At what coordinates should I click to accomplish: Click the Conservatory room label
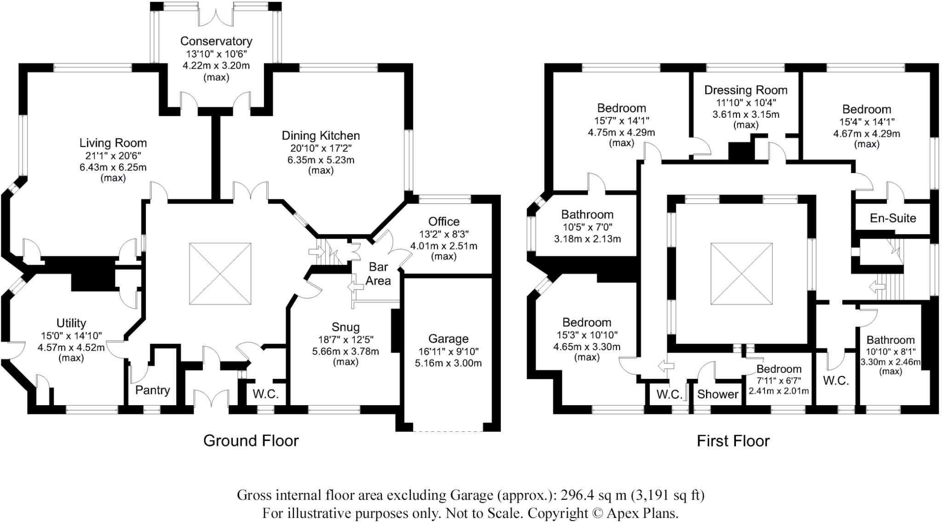pos(216,41)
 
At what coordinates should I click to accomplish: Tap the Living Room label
pos(113,143)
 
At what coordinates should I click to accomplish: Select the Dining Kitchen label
pos(321,135)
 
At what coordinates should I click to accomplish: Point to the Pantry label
pos(152,390)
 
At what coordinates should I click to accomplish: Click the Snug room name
pos(345,327)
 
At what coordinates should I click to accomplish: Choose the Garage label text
pos(448,339)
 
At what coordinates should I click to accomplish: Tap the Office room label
pos(443,221)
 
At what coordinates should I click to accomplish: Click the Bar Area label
pos(378,273)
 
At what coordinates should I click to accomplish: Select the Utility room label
pos(71,323)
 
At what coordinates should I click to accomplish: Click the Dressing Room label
pos(746,90)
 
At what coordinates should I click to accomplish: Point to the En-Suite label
pos(893,218)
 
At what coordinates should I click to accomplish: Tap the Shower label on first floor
pos(718,394)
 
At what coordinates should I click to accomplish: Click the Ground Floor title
pos(251,441)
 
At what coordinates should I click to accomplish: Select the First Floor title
pos(733,441)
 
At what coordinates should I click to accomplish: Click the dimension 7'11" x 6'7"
pos(779,381)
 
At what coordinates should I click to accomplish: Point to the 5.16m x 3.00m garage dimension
pos(448,363)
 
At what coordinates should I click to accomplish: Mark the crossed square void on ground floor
pos(220,274)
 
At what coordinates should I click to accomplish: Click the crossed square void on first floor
pos(741,274)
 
